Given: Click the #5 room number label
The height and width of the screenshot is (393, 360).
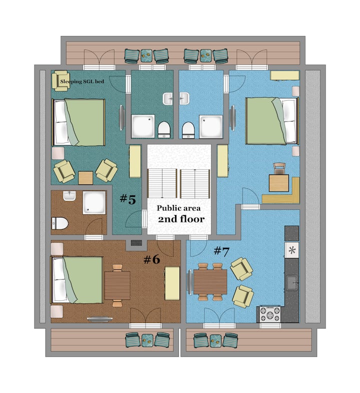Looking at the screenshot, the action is pos(128,199).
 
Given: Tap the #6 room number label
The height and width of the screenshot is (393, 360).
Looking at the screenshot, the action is pos(151,259).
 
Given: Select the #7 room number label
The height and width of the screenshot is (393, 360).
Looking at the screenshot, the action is pos(221,251).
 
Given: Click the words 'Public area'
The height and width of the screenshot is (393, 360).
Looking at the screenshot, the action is pos(178,208).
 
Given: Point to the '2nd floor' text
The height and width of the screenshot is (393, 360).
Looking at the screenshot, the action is pos(181,219).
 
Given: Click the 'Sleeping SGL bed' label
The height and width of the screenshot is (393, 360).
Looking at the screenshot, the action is pos(82,81).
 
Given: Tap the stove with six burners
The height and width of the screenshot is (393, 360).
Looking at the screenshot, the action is pos(269,314).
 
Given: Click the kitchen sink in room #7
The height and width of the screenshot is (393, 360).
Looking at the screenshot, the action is pos(292,282).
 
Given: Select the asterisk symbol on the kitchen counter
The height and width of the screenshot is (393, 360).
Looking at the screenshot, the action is pos(292,250).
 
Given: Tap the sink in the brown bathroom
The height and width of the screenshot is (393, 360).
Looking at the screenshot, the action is pos(69,195).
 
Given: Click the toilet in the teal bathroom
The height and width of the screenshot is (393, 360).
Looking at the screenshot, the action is pos(164,130).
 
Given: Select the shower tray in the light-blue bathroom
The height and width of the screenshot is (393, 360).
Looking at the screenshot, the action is pos(211,127).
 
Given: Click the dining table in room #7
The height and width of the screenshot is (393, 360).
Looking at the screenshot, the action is pos(210,282).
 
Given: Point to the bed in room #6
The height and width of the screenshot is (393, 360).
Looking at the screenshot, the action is pos(77,279).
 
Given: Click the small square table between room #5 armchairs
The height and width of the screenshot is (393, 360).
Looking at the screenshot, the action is pos(85,178).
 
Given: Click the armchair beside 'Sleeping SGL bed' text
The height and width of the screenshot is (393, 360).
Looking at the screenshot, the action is pos(60,80).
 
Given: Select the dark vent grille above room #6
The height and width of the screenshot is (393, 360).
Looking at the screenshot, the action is pos(136,243).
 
